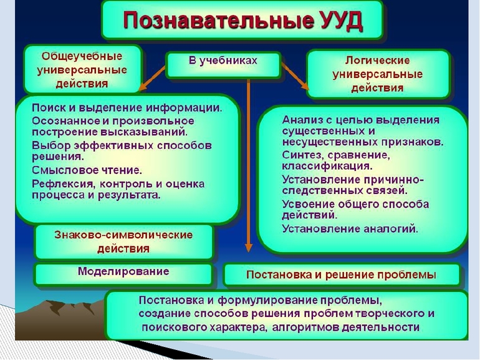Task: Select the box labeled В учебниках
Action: [223, 63]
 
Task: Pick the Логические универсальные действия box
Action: [377, 74]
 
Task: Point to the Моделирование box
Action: [123, 273]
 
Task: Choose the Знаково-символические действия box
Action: [123, 241]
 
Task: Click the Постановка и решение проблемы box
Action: [341, 275]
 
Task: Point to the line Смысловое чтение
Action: [87, 169]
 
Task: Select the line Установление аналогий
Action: [350, 228]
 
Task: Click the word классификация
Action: [327, 166]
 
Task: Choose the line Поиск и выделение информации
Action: [127, 107]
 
